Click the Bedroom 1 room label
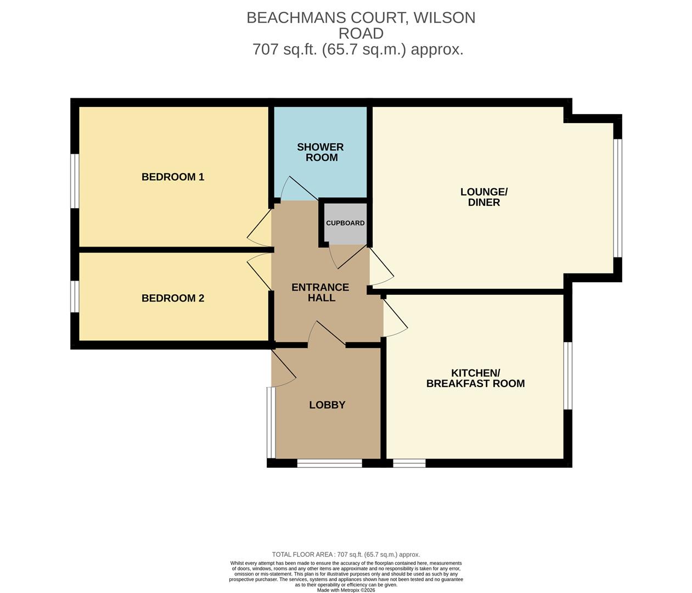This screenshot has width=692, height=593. pos(173,177)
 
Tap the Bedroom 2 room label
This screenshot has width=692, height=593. pos(173,298)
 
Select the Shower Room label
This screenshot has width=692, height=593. pos(320,152)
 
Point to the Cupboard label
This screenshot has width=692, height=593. pos(345,223)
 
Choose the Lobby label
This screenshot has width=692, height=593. pos(327,405)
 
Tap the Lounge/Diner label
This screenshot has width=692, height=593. pos(483,197)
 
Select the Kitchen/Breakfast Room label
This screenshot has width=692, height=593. pos(475,378)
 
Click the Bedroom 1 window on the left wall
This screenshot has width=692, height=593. pos(75,181)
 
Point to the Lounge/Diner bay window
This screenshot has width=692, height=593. pos(617,198)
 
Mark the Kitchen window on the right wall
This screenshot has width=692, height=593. pos(569,376)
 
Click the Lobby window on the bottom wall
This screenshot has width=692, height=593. pos(329,463)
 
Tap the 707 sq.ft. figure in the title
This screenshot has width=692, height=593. pos(285,49)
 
